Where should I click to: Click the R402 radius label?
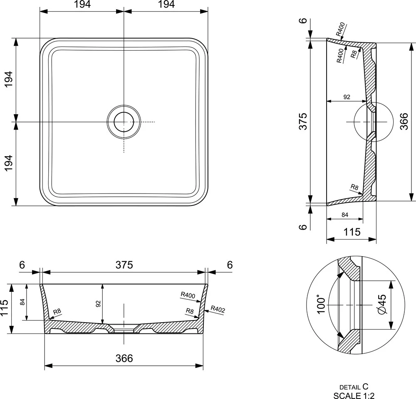pos(218,309)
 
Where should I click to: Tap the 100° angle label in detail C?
pos(321,306)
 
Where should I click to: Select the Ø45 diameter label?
pos(382,304)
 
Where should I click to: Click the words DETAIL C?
pos(354,387)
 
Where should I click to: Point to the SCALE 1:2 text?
pos(354,395)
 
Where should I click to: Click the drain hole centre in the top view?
pos(124,122)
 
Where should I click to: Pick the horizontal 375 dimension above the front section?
pos(124,265)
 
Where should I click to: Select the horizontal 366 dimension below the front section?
pos(124,358)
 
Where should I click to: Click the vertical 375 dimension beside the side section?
pos(303,121)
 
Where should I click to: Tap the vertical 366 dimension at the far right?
pos(404,121)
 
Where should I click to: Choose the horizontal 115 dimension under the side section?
pos(352,232)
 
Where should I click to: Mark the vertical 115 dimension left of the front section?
pos(5,308)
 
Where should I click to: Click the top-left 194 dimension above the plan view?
pos(82,4)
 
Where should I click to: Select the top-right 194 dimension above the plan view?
pos(166,4)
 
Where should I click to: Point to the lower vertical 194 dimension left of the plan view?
pos(8,163)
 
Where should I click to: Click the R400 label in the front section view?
pos(188,295)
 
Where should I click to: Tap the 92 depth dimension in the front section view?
pos(98,304)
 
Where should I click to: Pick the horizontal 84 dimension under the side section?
pos(344,215)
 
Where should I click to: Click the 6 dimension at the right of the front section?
pos(230,265)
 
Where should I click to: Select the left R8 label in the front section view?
pos(57,312)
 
